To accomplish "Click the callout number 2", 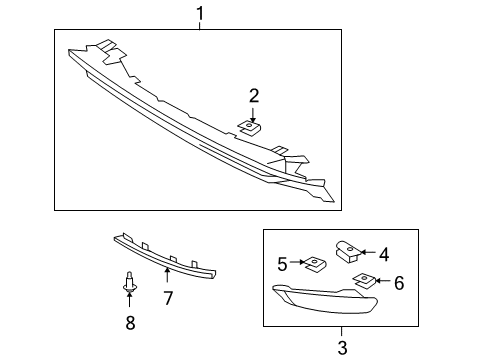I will click(x=254, y=96).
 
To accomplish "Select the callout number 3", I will click(x=341, y=347).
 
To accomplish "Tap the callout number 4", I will click(x=383, y=253).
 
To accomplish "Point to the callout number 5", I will click(x=282, y=264).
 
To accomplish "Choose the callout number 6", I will click(x=398, y=283).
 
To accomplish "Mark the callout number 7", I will click(x=168, y=298).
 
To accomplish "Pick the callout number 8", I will click(x=129, y=322).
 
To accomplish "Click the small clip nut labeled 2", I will click(x=250, y=126).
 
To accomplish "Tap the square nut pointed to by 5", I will click(x=314, y=264).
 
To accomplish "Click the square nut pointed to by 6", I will click(x=366, y=281).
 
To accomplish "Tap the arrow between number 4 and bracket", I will click(x=367, y=253).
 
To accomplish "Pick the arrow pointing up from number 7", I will click(x=167, y=277).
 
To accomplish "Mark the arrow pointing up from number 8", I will click(x=129, y=303).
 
